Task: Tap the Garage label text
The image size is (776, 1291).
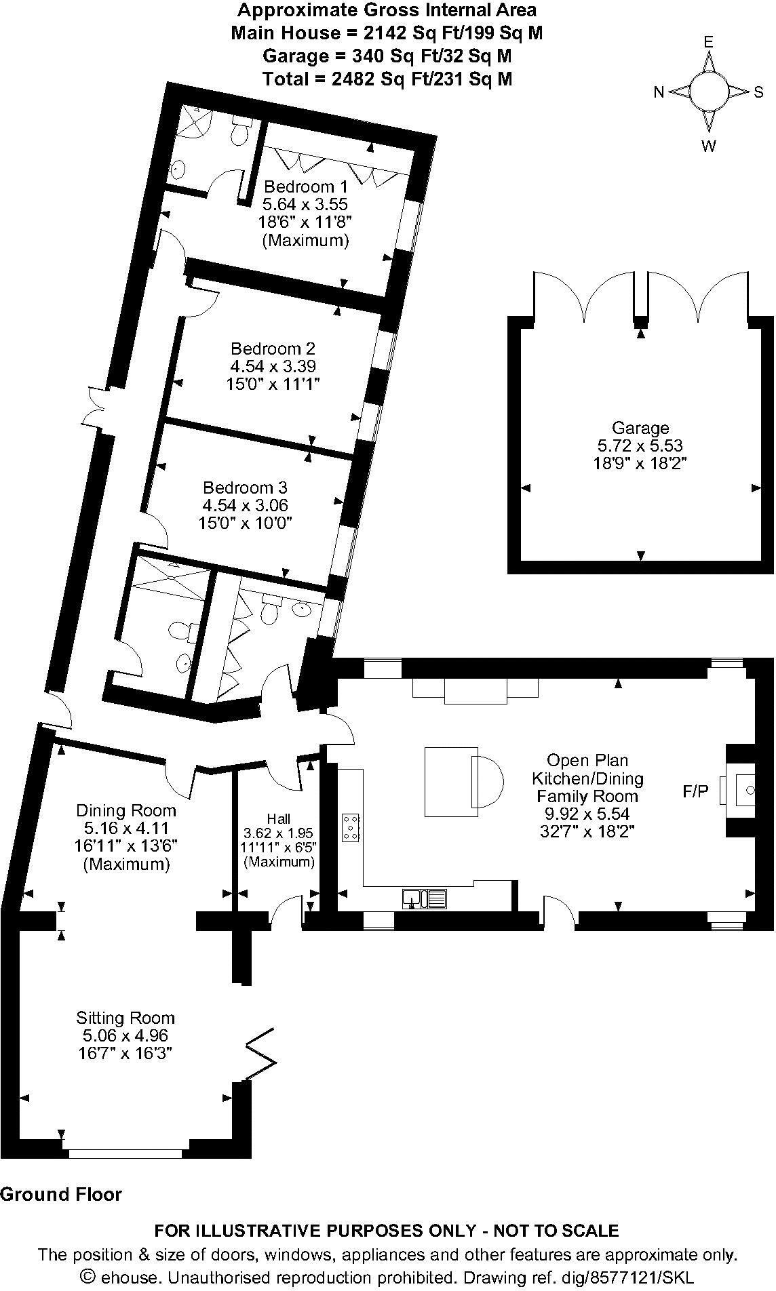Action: (640, 428)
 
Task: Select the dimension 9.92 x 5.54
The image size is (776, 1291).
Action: (587, 814)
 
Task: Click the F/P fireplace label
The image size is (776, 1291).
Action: (695, 791)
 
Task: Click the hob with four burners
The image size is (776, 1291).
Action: (351, 827)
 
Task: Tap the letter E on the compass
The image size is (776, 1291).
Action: (708, 42)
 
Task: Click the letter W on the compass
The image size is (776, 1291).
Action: (708, 146)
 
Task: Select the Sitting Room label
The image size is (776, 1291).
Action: (125, 1018)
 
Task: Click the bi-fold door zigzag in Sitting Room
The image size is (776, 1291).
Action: (260, 1054)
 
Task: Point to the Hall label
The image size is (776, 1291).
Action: (278, 818)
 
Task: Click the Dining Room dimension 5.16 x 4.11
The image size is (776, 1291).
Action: (125, 828)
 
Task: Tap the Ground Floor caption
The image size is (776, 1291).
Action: (61, 1194)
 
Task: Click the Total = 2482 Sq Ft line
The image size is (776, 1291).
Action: (387, 79)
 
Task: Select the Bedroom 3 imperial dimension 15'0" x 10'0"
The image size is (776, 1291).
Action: (245, 523)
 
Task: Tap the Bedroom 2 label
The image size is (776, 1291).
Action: (273, 349)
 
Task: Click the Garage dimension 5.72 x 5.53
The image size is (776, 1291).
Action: (640, 445)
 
